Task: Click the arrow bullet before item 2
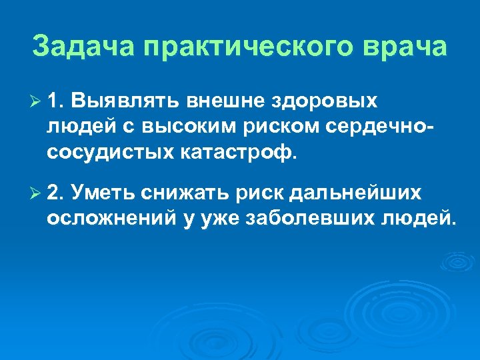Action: pos(37,193)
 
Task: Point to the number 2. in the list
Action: pos(56,193)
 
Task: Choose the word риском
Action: pos(261,127)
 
